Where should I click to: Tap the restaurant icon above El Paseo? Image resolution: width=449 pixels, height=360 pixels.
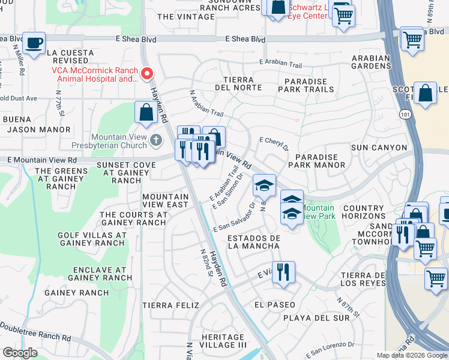point(282,271)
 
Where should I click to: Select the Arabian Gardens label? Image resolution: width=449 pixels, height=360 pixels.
point(371,62)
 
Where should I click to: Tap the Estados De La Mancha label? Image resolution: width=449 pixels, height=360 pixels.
point(254,242)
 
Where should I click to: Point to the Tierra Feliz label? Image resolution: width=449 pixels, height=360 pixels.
point(170,305)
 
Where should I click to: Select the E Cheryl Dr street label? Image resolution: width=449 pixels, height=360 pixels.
point(274,144)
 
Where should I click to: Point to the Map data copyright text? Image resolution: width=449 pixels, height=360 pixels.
point(412,355)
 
